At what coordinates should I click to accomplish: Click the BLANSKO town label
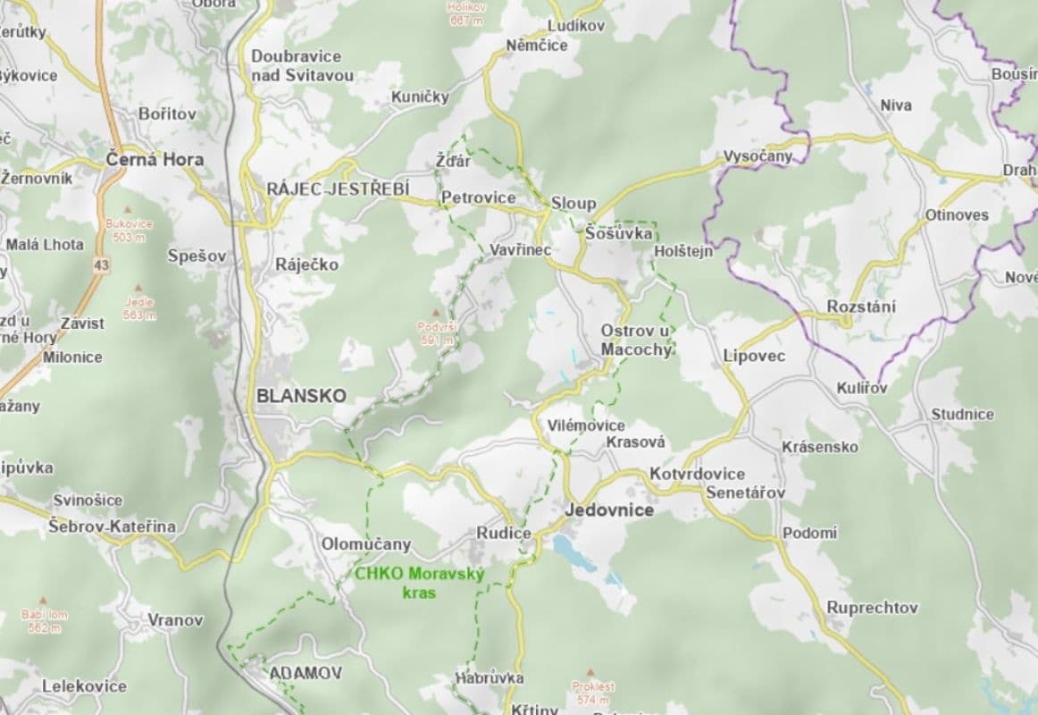point(300,395)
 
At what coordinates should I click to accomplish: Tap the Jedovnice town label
point(609,510)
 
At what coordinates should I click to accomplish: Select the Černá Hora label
point(155,160)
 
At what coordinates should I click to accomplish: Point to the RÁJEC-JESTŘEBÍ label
point(338,189)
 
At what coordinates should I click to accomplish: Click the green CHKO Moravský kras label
point(419,583)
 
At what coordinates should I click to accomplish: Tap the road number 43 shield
point(101,265)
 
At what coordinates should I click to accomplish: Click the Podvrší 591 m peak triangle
point(436,314)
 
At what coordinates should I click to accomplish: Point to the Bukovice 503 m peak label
point(129,231)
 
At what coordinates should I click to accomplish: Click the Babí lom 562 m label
point(44,621)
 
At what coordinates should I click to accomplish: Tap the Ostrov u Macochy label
point(635,340)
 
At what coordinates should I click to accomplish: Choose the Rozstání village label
point(861,307)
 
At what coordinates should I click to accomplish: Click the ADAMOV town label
point(293,672)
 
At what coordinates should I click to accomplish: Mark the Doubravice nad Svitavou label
point(302,65)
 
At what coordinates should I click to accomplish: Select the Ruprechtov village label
point(872,608)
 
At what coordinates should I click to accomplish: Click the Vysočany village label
point(758,156)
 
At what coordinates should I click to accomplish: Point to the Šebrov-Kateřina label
point(113,526)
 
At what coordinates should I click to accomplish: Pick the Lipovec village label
point(754,356)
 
